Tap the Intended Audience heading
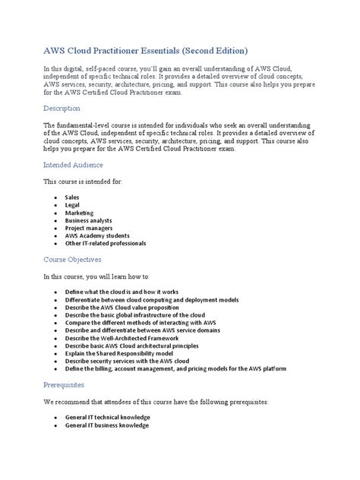[x=74, y=164]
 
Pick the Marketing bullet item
[x=80, y=216]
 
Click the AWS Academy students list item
[x=98, y=243]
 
